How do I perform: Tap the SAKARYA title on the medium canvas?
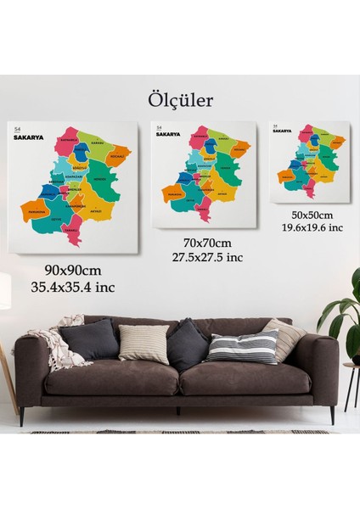pos(169,134)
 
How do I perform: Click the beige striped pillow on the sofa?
pos(143,344)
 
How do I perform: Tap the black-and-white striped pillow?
pos(243,346)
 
